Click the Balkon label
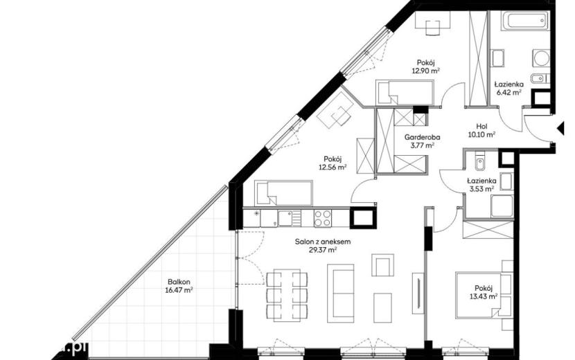(179, 282)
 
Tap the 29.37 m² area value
(323, 251)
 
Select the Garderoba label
(422, 138)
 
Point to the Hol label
(482, 127)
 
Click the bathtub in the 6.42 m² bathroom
(525, 20)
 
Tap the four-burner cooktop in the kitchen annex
(323, 218)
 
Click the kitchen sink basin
(285, 218)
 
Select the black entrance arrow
(560, 129)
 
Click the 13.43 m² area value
(484, 296)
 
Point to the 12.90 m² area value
(426, 71)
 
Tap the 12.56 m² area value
(333, 168)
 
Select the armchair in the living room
(382, 264)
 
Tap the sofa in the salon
(341, 294)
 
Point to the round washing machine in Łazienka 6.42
(541, 58)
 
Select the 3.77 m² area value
(423, 145)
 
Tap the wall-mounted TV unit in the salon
(417, 293)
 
